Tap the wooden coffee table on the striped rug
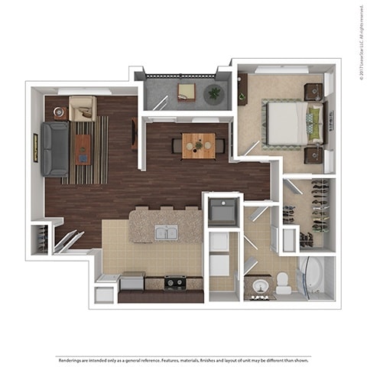point(82,149)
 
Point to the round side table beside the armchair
point(59,112)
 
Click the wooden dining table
point(198,145)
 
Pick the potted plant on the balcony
point(213,94)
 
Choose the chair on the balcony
point(187,92)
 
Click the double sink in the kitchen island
point(166,232)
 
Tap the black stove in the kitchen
point(175,282)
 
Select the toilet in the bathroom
point(283,283)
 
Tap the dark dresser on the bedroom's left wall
point(242,89)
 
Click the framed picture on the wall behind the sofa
point(35,148)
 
